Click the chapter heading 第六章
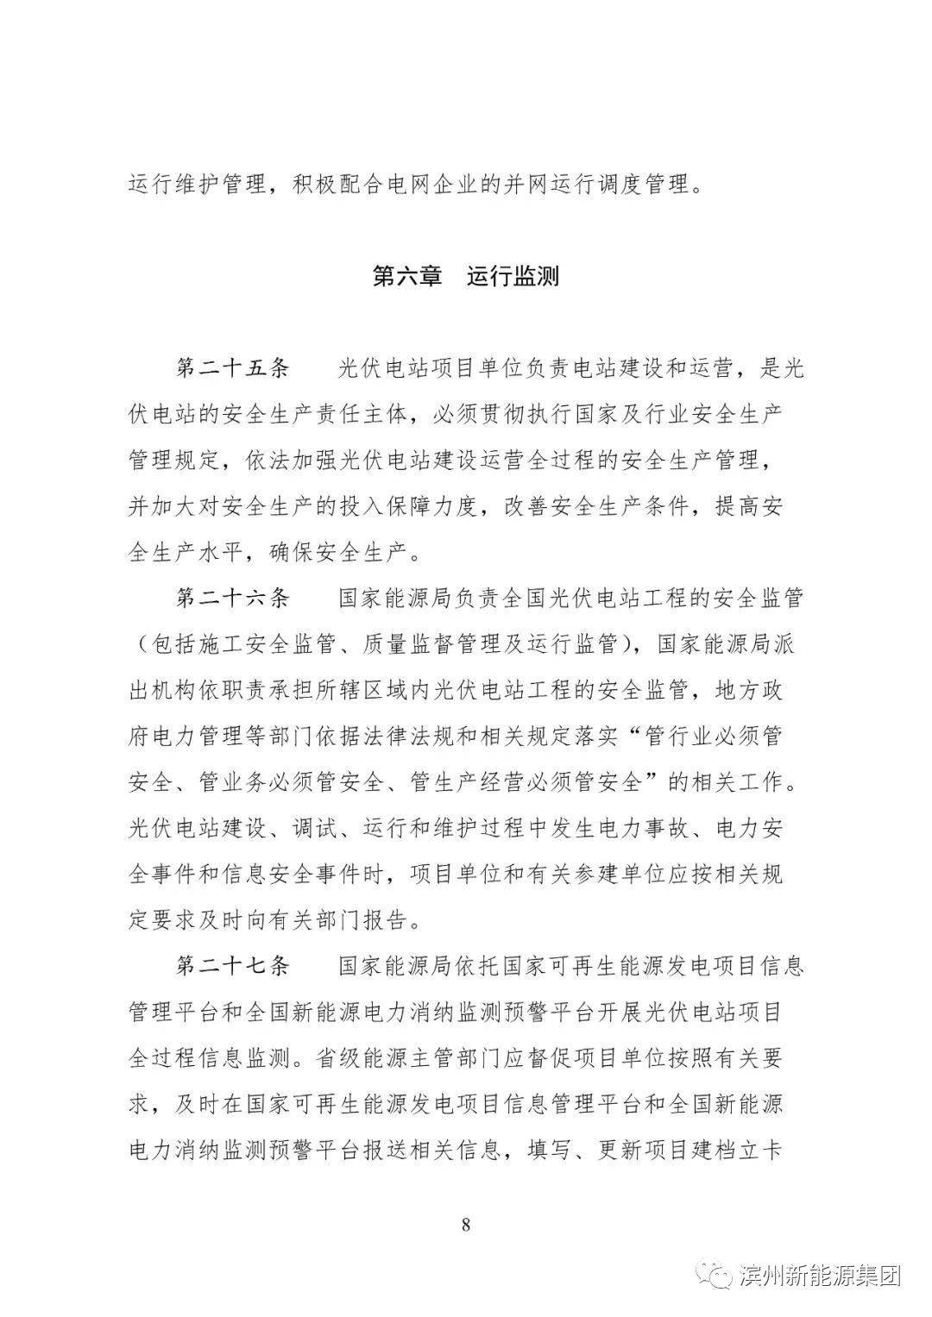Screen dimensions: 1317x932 (406, 276)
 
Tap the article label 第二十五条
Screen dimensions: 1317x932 (233, 369)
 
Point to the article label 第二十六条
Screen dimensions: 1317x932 (233, 599)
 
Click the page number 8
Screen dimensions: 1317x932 (466, 1226)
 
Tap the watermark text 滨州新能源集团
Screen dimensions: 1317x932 (821, 1276)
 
